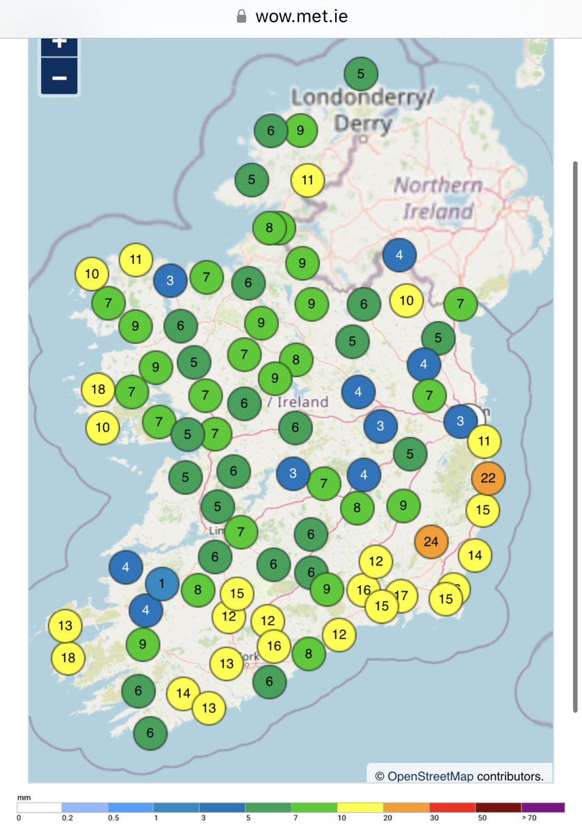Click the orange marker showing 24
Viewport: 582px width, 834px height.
pos(431,541)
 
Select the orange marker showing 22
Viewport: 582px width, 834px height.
pos(488,478)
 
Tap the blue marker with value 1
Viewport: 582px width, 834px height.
pos(162,584)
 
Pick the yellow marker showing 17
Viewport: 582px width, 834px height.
pos(401,596)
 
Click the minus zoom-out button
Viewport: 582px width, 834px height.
pos(59,77)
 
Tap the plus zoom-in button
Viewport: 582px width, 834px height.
pos(59,43)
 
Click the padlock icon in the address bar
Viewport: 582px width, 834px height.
pos(242,16)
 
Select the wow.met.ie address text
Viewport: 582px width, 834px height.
pos(302,16)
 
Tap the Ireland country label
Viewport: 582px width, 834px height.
pos(304,402)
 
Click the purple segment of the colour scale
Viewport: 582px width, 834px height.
pos(542,807)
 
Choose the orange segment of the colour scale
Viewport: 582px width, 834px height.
pos(406,807)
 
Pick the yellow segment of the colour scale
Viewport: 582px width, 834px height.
pos(360,807)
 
